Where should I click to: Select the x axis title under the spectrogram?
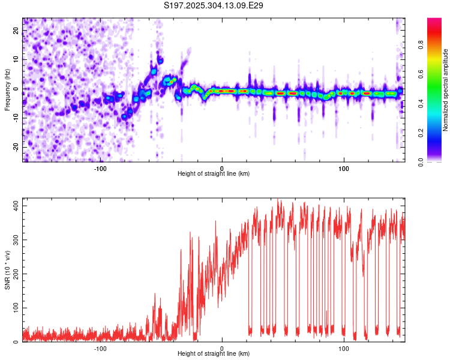tap(214, 174)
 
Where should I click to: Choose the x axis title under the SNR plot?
tap(214, 354)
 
